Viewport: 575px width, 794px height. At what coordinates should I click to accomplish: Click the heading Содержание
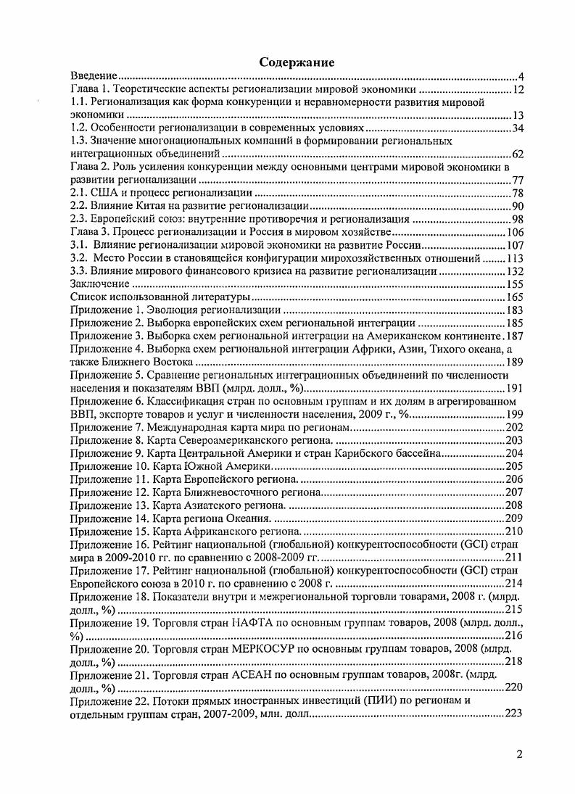(x=297, y=63)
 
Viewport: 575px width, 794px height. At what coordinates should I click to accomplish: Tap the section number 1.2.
(x=78, y=128)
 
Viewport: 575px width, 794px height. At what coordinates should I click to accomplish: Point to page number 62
(x=518, y=154)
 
